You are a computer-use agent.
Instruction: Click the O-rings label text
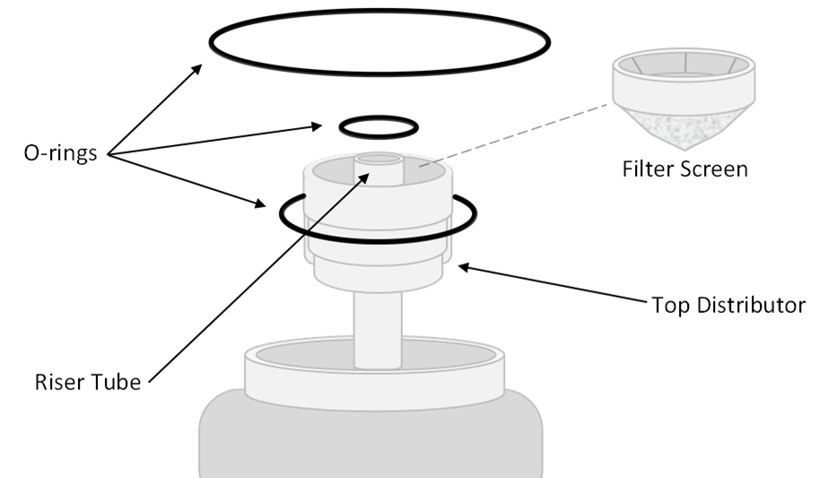coord(60,152)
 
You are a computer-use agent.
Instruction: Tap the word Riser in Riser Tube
coord(57,382)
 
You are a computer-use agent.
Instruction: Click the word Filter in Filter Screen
coord(648,169)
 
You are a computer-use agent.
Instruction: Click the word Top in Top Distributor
coord(670,305)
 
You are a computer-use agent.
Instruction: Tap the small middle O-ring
coord(379,117)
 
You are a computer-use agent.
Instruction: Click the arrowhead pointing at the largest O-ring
coord(196,69)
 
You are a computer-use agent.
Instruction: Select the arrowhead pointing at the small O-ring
coord(316,126)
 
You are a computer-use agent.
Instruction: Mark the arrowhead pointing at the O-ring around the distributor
coord(259,203)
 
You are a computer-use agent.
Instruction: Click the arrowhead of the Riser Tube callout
coord(363,178)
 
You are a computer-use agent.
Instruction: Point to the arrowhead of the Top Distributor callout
coord(464,267)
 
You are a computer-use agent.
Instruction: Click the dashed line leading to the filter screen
coord(514,135)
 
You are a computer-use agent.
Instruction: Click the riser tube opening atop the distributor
coord(379,159)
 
